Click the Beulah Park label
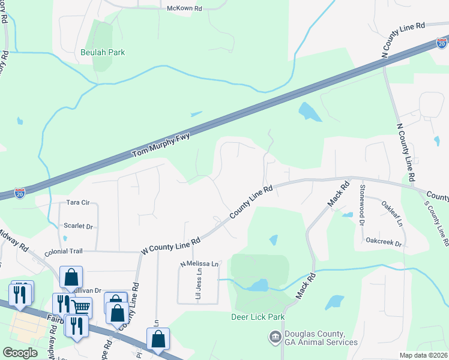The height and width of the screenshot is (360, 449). (x=103, y=52)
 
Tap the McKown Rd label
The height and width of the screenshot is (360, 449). (x=184, y=8)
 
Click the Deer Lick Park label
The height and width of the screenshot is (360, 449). (x=257, y=316)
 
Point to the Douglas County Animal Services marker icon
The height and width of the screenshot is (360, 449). (x=276, y=337)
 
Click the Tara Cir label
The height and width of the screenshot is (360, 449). (x=78, y=203)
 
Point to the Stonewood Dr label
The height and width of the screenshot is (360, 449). (x=362, y=205)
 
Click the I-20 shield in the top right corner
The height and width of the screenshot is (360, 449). (x=441, y=43)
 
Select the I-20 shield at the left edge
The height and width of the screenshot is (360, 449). (x=20, y=194)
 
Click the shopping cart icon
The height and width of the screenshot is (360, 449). (x=82, y=307)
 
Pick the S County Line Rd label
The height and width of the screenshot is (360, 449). (x=436, y=223)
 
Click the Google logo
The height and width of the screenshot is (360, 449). (x=20, y=353)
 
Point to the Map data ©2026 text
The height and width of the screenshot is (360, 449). (x=423, y=355)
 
